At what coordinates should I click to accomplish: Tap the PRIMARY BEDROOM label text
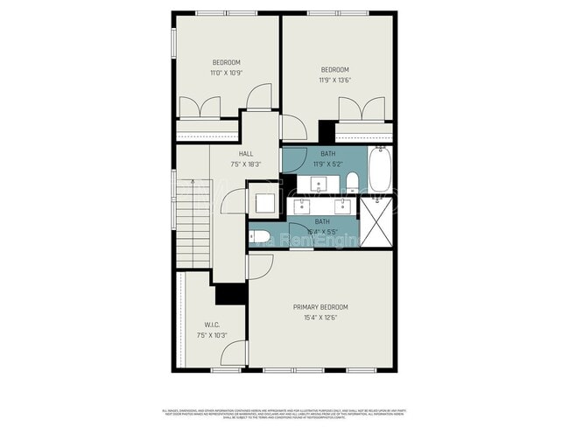click(x=320, y=307)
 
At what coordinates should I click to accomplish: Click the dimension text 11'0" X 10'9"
click(x=226, y=73)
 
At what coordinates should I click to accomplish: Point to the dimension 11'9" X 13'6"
click(x=334, y=80)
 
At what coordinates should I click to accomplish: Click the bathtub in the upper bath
click(x=379, y=170)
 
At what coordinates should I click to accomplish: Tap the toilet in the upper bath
click(x=352, y=182)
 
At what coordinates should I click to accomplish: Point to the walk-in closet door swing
click(x=233, y=354)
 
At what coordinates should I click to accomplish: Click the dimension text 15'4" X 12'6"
click(x=320, y=318)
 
